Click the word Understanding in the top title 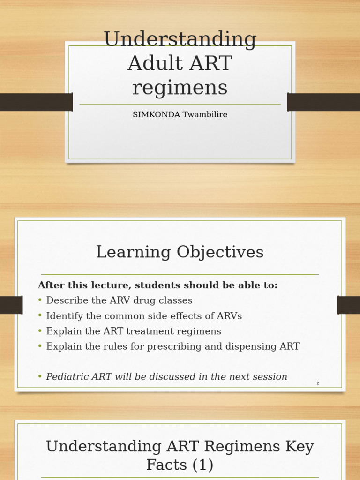point(180,40)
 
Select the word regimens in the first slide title point(180,88)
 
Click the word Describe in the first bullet point(66,300)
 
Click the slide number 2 point(318,383)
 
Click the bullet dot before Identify point(40,315)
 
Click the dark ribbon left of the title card point(36,102)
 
